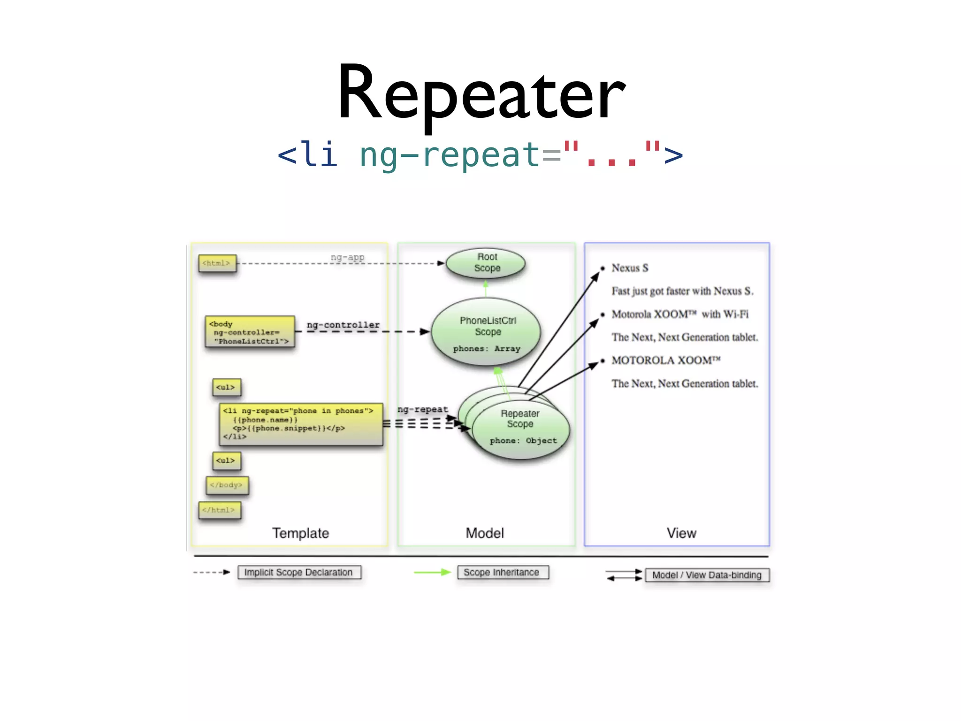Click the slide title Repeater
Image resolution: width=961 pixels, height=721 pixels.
coord(481,94)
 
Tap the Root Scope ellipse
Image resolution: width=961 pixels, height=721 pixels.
coord(486,263)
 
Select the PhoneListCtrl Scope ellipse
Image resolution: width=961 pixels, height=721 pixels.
coord(486,332)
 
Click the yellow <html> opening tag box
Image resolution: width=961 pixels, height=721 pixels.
coord(217,263)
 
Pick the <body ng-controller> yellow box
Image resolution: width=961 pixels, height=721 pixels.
coord(250,332)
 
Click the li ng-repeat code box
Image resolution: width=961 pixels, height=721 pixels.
coord(300,424)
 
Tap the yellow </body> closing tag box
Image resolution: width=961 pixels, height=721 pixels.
coord(227,485)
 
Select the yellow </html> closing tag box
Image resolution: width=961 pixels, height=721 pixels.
coord(219,510)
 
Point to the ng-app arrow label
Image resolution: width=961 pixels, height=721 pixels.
coord(347,257)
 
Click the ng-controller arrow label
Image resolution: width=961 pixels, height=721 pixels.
coord(343,325)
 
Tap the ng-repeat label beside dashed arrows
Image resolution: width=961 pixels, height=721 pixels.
coord(422,409)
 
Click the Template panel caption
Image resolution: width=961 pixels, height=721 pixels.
coord(300,533)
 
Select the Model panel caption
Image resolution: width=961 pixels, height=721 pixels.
coord(485,533)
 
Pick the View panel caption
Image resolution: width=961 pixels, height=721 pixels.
coord(681,533)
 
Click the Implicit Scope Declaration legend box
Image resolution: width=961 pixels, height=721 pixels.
coord(299,573)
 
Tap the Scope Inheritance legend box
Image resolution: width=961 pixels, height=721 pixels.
coord(502,573)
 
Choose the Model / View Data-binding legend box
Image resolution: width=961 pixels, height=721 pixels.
coord(707,575)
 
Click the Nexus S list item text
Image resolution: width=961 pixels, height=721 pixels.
coord(630,268)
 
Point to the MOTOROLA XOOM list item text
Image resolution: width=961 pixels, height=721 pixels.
coord(665,360)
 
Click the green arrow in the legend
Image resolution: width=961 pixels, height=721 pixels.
coord(432,572)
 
